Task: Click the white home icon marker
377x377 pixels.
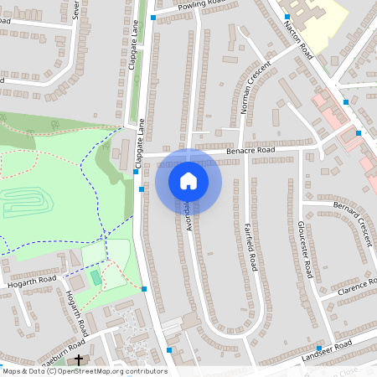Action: coord(188,180)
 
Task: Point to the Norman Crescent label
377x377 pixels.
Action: coord(256,87)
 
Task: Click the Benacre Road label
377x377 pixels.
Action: coord(249,151)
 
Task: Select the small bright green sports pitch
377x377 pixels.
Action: coord(95,276)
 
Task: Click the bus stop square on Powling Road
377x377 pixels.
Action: coord(153,17)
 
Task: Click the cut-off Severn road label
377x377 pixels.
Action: coord(75,10)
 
